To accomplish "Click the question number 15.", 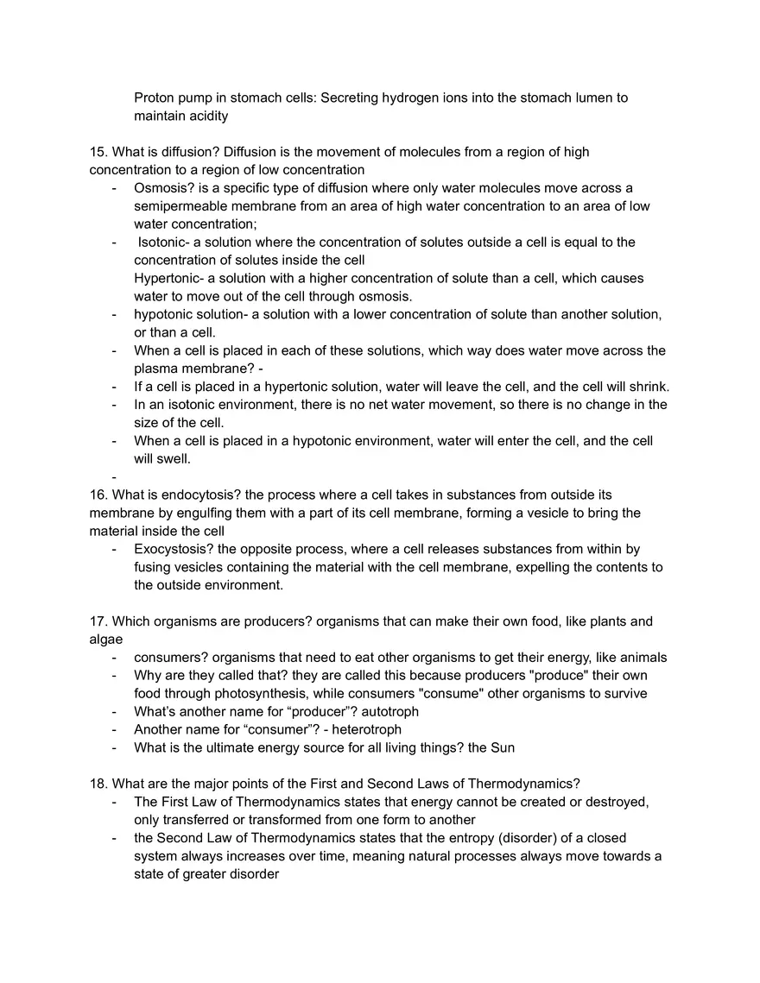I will click(98, 152).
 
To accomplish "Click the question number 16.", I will click(98, 495).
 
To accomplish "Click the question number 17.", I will click(98, 621).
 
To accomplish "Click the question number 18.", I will click(98, 784).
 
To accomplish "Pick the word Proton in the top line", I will click(155, 98).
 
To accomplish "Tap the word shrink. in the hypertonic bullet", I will click(649, 387).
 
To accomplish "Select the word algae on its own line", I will click(105, 640).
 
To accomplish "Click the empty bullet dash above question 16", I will click(114, 477).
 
